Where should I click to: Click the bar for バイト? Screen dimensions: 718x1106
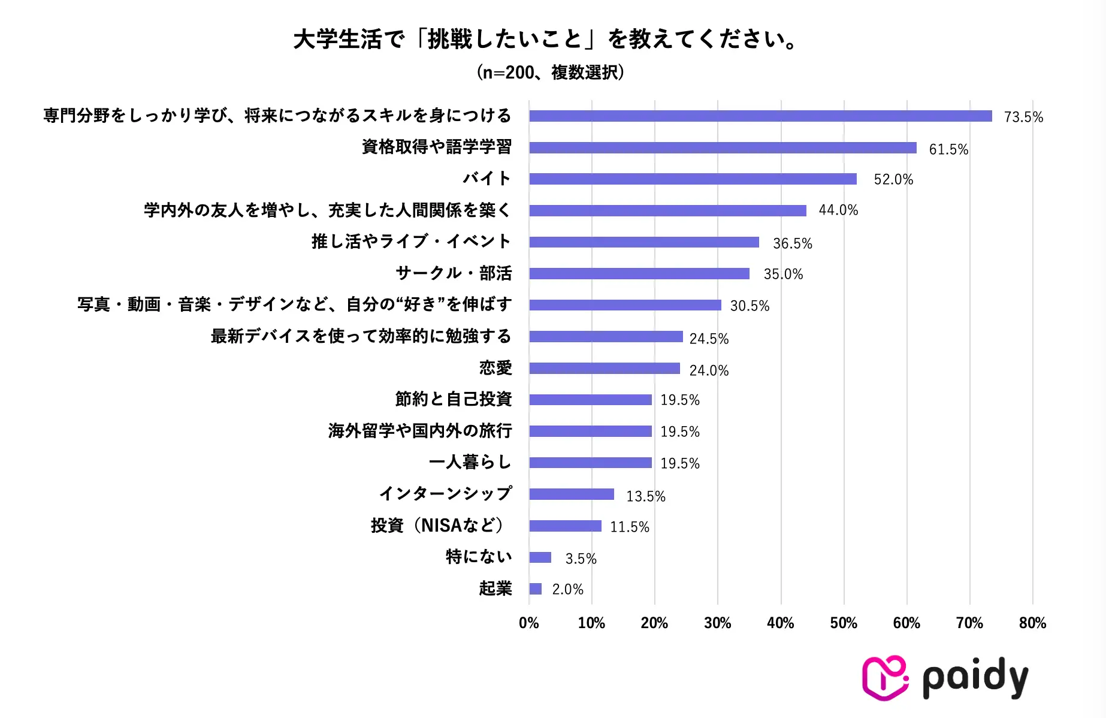coord(693,179)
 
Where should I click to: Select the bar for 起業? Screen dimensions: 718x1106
coord(536,589)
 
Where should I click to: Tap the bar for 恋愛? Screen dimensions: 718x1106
coord(605,369)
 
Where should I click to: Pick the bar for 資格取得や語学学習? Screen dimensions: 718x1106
coord(723,148)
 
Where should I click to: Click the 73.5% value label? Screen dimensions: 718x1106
coord(1023,117)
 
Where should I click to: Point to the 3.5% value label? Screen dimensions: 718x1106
coord(581,559)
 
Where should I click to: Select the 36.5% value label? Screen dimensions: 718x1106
coord(792,243)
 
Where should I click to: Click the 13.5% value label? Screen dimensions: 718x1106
coord(645,496)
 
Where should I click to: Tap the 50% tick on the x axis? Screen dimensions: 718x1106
coord(844,623)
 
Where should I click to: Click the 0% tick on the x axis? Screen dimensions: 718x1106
coord(529,623)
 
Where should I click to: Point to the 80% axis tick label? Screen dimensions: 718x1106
coord(1032,623)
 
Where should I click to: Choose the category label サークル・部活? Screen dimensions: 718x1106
coord(454,273)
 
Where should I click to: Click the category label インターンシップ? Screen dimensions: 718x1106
coord(446,493)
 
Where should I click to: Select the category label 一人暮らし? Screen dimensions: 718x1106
coord(470,462)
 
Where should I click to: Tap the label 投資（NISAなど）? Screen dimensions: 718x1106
coord(438,526)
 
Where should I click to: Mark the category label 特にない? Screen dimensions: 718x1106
coord(479,557)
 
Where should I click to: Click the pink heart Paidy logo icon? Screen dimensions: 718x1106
coord(884,678)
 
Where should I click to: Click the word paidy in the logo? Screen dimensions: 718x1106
coord(975,678)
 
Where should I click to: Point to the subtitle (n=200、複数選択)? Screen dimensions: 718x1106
coord(551,73)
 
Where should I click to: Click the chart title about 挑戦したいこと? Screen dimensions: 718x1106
coord(545,40)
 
